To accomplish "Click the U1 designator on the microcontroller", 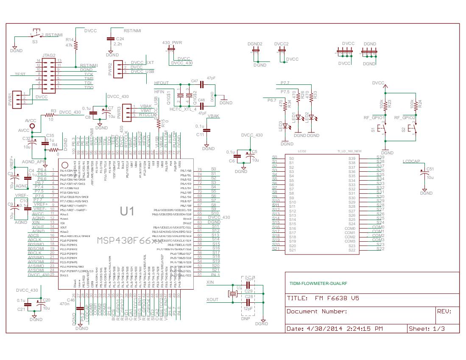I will coord(128,210).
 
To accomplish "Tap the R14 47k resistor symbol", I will coord(76,45).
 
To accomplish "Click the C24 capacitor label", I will coord(120,39).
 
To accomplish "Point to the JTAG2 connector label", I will coord(49,55).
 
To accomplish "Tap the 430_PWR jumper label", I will coord(172,43).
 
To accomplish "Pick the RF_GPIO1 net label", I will coord(374,117).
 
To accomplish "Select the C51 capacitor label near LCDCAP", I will coord(430,169).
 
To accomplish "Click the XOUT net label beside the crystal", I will coord(212,300).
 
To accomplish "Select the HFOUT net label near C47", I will coord(161,83).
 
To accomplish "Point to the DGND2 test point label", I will coord(255,44).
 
